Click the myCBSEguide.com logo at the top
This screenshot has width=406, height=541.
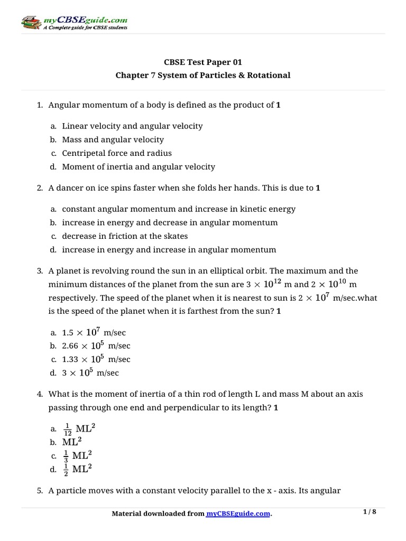[x=74, y=23]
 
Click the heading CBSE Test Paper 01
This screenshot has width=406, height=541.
[x=203, y=62]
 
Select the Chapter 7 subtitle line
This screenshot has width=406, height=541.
[x=203, y=75]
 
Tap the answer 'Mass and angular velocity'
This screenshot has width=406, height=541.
[x=113, y=139]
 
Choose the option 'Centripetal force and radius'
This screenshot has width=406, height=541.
[x=117, y=153]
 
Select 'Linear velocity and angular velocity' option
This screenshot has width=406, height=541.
[x=132, y=126]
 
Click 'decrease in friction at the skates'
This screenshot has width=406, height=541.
[x=125, y=236]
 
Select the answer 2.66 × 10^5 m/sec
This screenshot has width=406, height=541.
[x=96, y=346]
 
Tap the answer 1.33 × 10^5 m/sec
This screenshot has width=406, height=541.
[x=96, y=359]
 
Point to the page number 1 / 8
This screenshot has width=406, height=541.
[x=370, y=511]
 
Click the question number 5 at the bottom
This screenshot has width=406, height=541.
[x=40, y=490]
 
